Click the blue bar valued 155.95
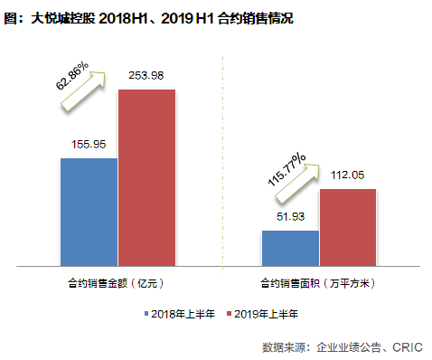[89, 212]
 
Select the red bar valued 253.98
[146, 177]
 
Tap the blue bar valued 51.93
[290, 248]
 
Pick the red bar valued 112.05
[348, 227]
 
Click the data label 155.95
[89, 144]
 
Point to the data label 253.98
[146, 74]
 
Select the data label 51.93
[289, 215]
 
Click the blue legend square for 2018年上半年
[146, 314]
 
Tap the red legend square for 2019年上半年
[229, 314]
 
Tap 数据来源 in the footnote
[284, 346]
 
